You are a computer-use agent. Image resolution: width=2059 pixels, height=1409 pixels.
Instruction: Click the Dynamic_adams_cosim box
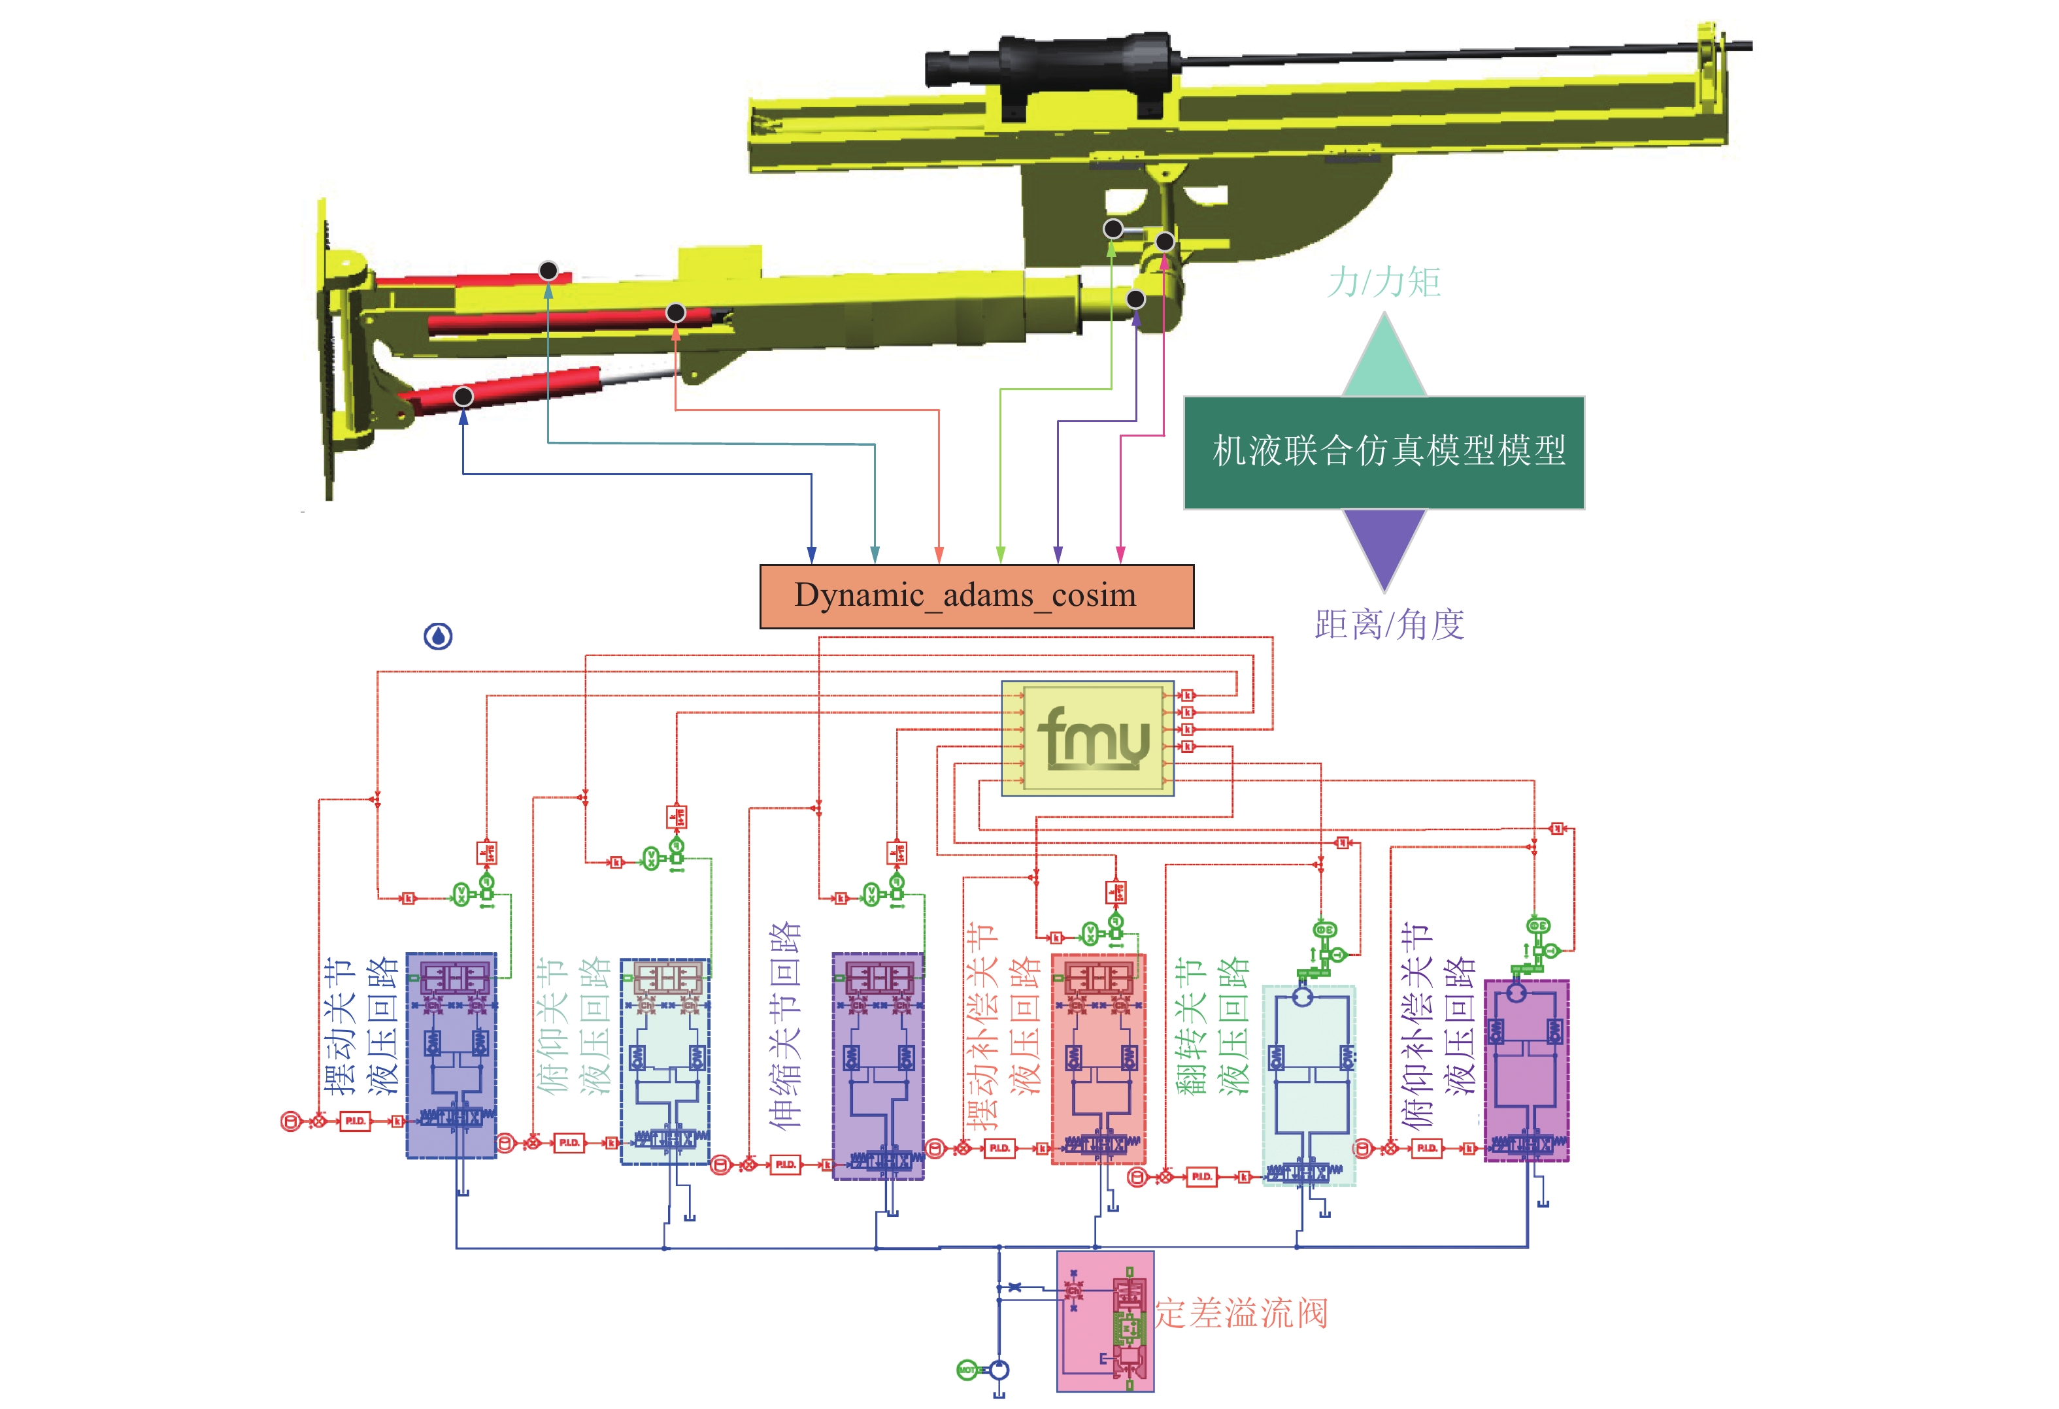pos(977,596)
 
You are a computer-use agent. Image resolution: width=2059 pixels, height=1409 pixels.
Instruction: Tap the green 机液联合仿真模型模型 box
pos(1383,452)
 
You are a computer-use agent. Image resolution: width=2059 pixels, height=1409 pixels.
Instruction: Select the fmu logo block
pos(1087,738)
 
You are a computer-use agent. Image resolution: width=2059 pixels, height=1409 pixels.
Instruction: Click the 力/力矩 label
pos(1383,282)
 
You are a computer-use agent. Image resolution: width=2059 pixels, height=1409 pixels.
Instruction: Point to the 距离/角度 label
pos(1388,624)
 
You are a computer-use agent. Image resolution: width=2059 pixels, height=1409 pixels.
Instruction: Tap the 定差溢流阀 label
pos(1241,1314)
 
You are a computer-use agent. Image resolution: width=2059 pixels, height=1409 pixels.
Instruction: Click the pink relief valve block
pos(1104,1320)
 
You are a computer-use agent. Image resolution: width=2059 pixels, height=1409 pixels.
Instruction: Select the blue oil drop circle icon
pos(438,636)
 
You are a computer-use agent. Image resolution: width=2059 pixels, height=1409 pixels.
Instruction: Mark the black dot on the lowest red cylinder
pos(463,396)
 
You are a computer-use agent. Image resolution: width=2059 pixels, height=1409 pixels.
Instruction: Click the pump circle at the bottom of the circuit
pos(999,1370)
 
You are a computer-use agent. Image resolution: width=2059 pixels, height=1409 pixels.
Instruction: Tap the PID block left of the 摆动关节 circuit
pos(354,1121)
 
